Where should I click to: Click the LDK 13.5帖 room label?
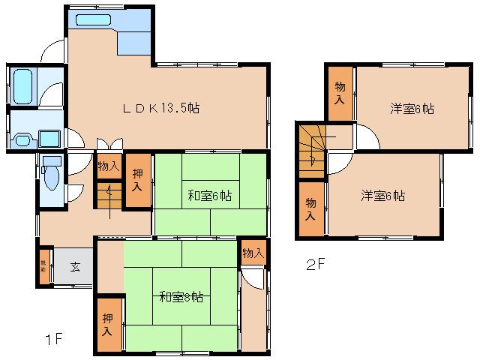(x=161, y=108)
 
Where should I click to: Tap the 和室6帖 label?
(x=209, y=196)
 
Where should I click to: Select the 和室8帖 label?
(x=181, y=296)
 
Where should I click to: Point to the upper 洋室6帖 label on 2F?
(x=412, y=108)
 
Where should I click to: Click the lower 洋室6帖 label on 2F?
(x=382, y=196)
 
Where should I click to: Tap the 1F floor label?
(x=52, y=339)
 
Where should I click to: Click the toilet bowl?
(x=51, y=178)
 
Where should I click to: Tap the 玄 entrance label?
(x=75, y=266)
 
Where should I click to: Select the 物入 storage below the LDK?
(x=108, y=166)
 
